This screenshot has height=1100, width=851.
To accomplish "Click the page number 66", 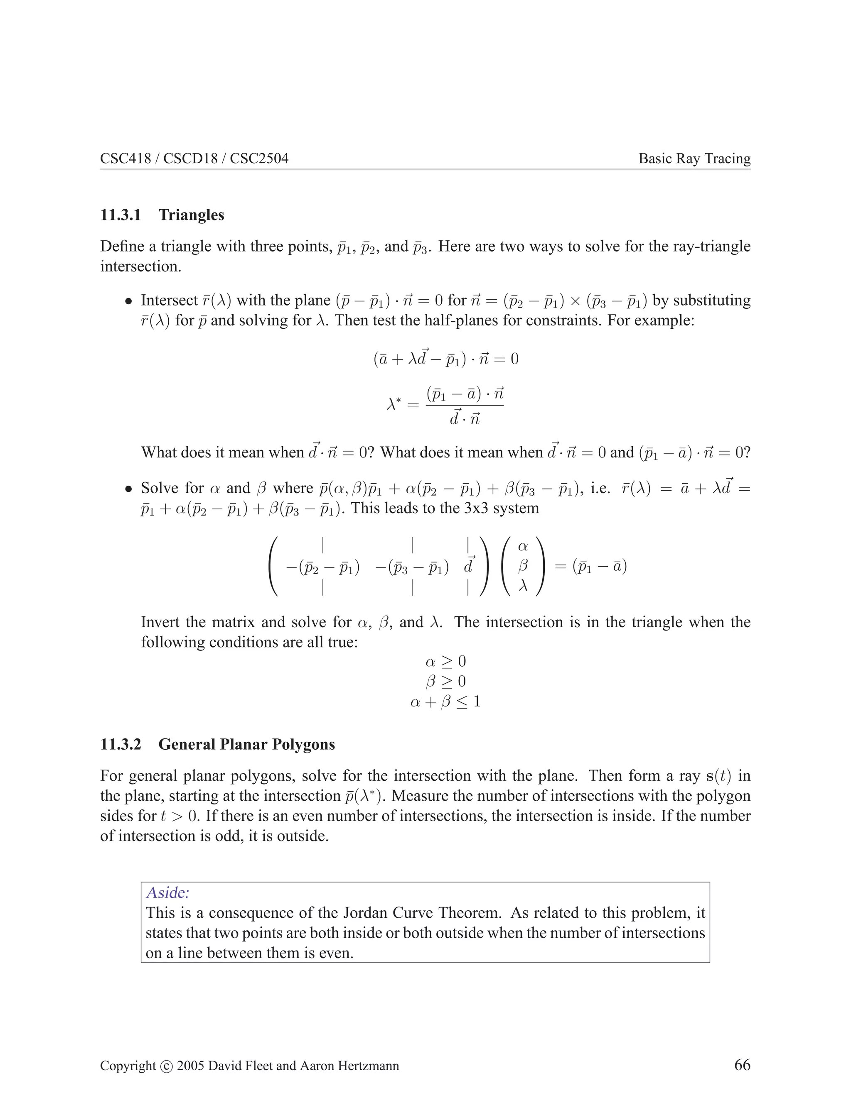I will click(x=742, y=1064).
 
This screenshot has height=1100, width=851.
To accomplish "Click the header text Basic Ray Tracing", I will click(x=694, y=159).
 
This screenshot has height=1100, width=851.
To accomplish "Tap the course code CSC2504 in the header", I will click(x=259, y=159).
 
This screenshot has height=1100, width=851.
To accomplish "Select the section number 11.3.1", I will click(x=121, y=215).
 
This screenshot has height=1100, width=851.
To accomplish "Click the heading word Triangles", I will click(x=192, y=215).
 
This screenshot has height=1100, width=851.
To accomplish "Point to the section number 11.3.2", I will click(x=121, y=744).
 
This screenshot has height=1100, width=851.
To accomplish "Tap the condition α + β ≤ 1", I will click(x=446, y=702).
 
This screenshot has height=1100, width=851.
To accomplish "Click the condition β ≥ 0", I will click(x=446, y=682).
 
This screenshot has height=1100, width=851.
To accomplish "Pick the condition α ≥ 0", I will click(x=446, y=661).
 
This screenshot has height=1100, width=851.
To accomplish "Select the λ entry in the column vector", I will click(x=523, y=586).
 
